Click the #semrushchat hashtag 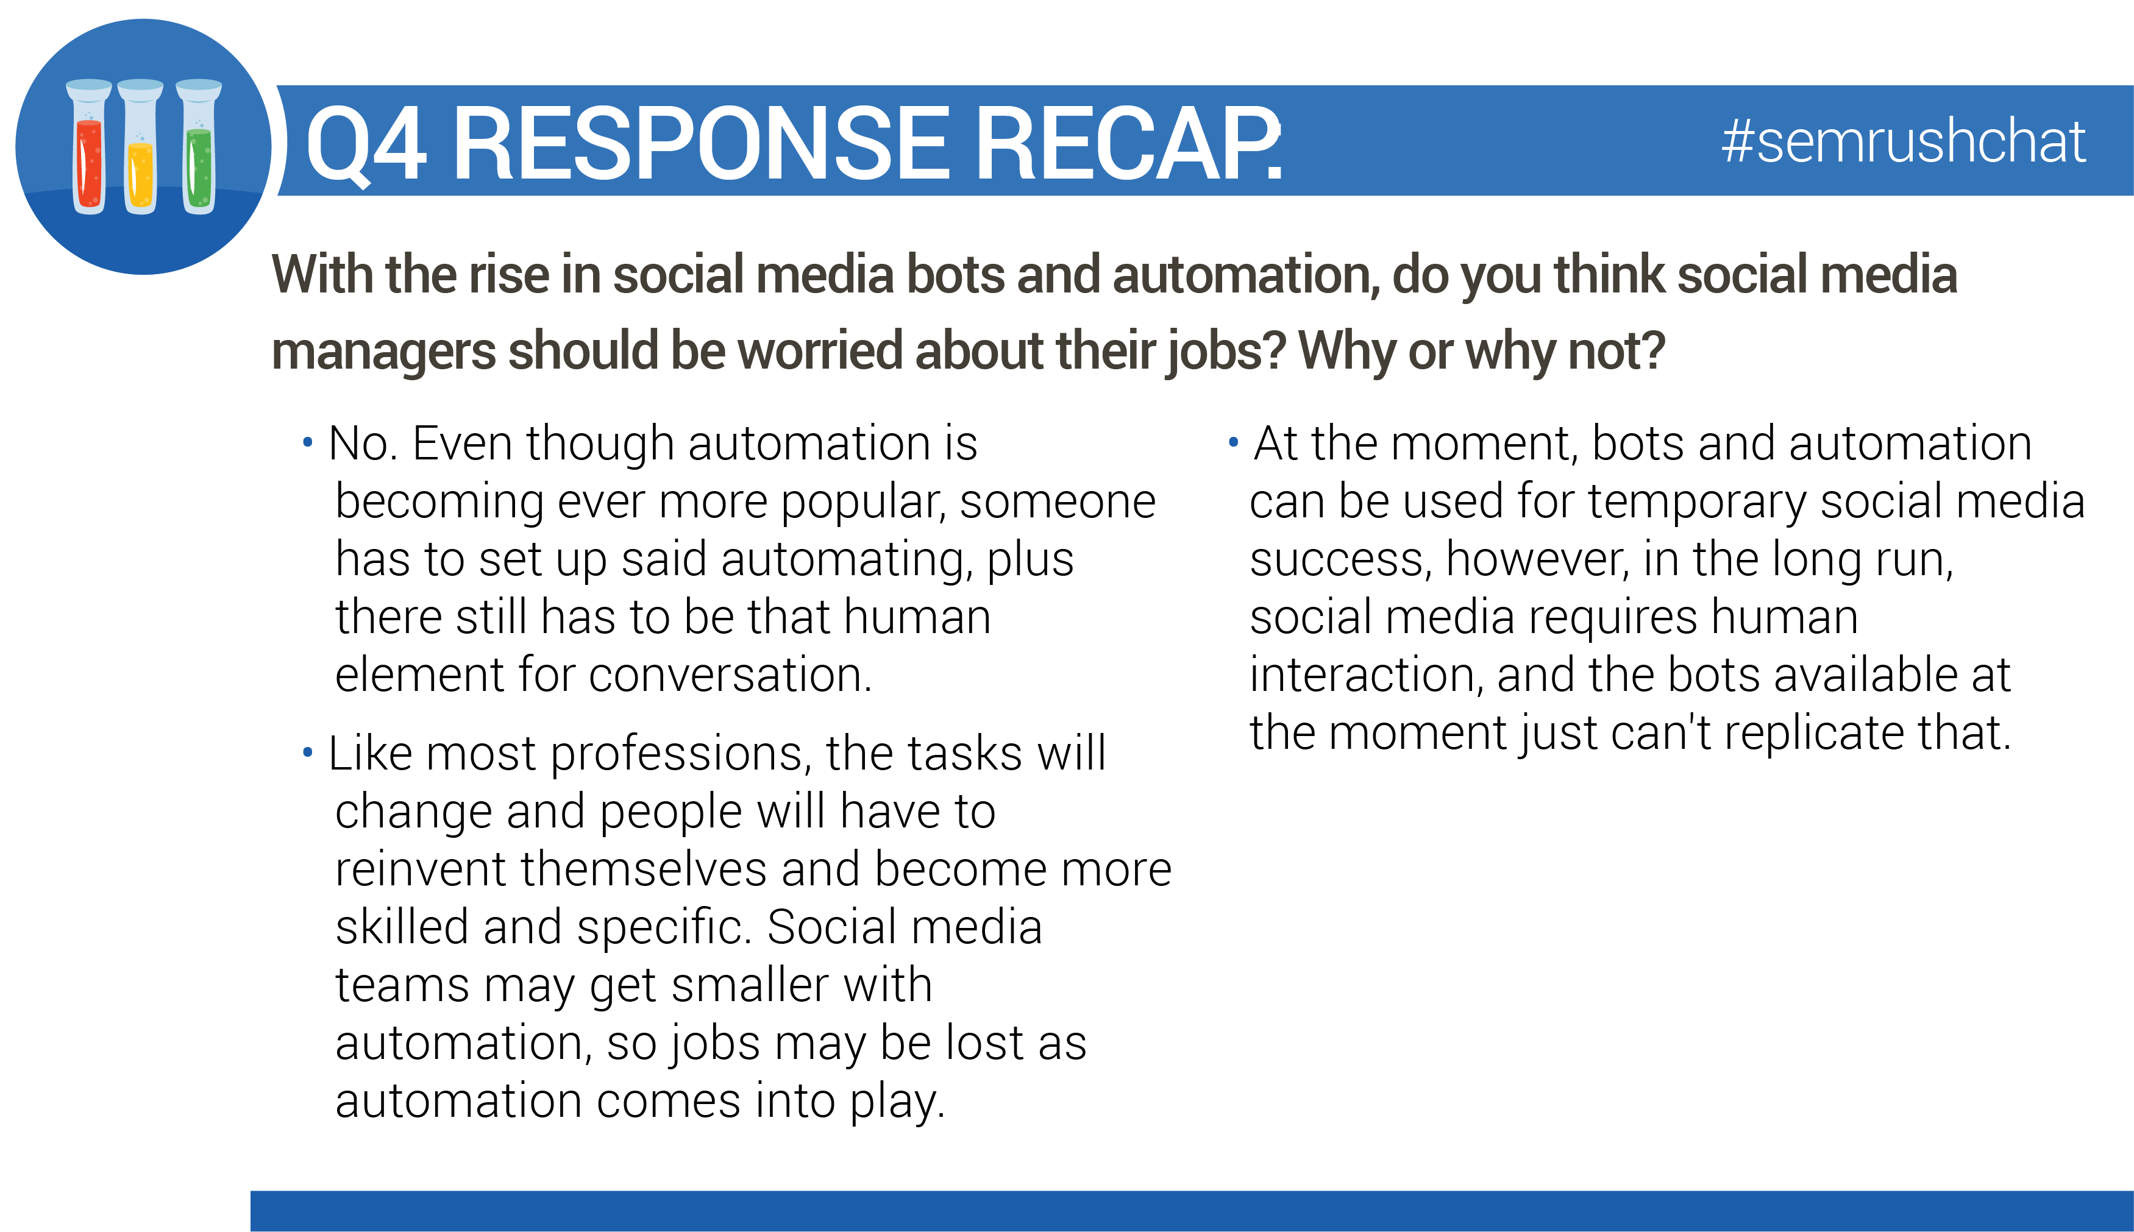tap(1903, 141)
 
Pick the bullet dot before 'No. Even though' tap(307, 442)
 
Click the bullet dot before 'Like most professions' tap(307, 751)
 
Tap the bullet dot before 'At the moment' tap(1233, 442)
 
